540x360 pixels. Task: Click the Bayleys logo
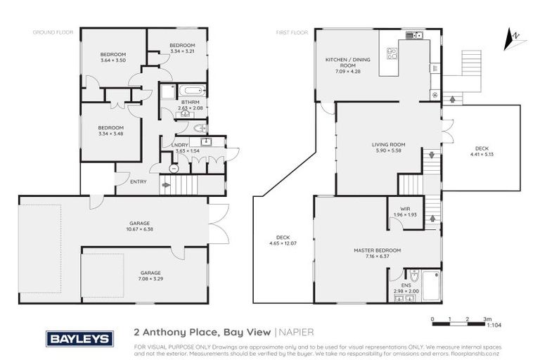point(79,338)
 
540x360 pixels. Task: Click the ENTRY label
point(139,181)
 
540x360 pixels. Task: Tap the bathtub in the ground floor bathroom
point(191,91)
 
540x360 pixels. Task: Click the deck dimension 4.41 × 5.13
point(481,154)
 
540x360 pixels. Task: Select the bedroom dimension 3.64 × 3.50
point(112,60)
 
